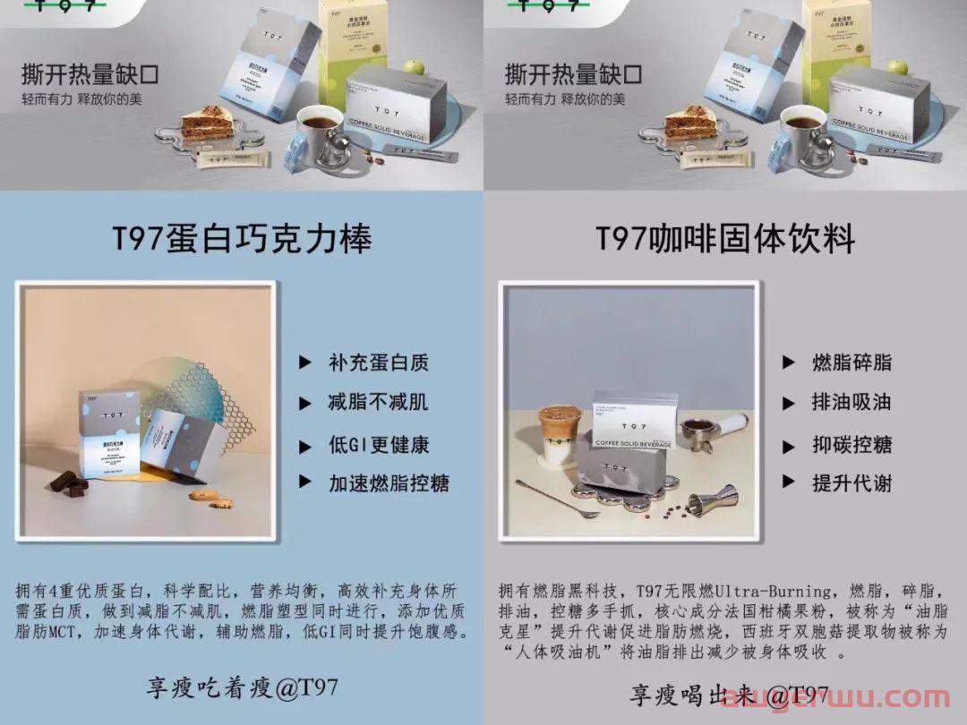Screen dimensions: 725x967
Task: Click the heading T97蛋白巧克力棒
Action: [242, 239]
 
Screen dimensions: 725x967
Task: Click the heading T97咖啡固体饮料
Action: [725, 239]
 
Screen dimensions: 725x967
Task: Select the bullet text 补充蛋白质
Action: [378, 362]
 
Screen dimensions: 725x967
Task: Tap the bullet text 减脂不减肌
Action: [378, 402]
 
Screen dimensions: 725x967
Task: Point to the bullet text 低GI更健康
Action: [378, 444]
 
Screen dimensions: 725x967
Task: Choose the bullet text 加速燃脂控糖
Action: [389, 483]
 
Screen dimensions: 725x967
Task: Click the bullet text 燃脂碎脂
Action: [851, 362]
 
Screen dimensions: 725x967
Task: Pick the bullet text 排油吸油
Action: [851, 402]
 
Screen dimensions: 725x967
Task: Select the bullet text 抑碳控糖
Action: [851, 444]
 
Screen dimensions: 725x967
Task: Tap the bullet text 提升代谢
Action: [851, 483]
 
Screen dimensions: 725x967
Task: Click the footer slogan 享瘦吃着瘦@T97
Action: [242, 687]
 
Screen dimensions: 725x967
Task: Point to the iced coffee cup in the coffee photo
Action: [556, 434]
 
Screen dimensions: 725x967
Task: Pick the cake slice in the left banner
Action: [206, 123]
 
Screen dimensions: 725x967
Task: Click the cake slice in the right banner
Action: [689, 123]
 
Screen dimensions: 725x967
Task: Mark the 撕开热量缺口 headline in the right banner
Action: [573, 72]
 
